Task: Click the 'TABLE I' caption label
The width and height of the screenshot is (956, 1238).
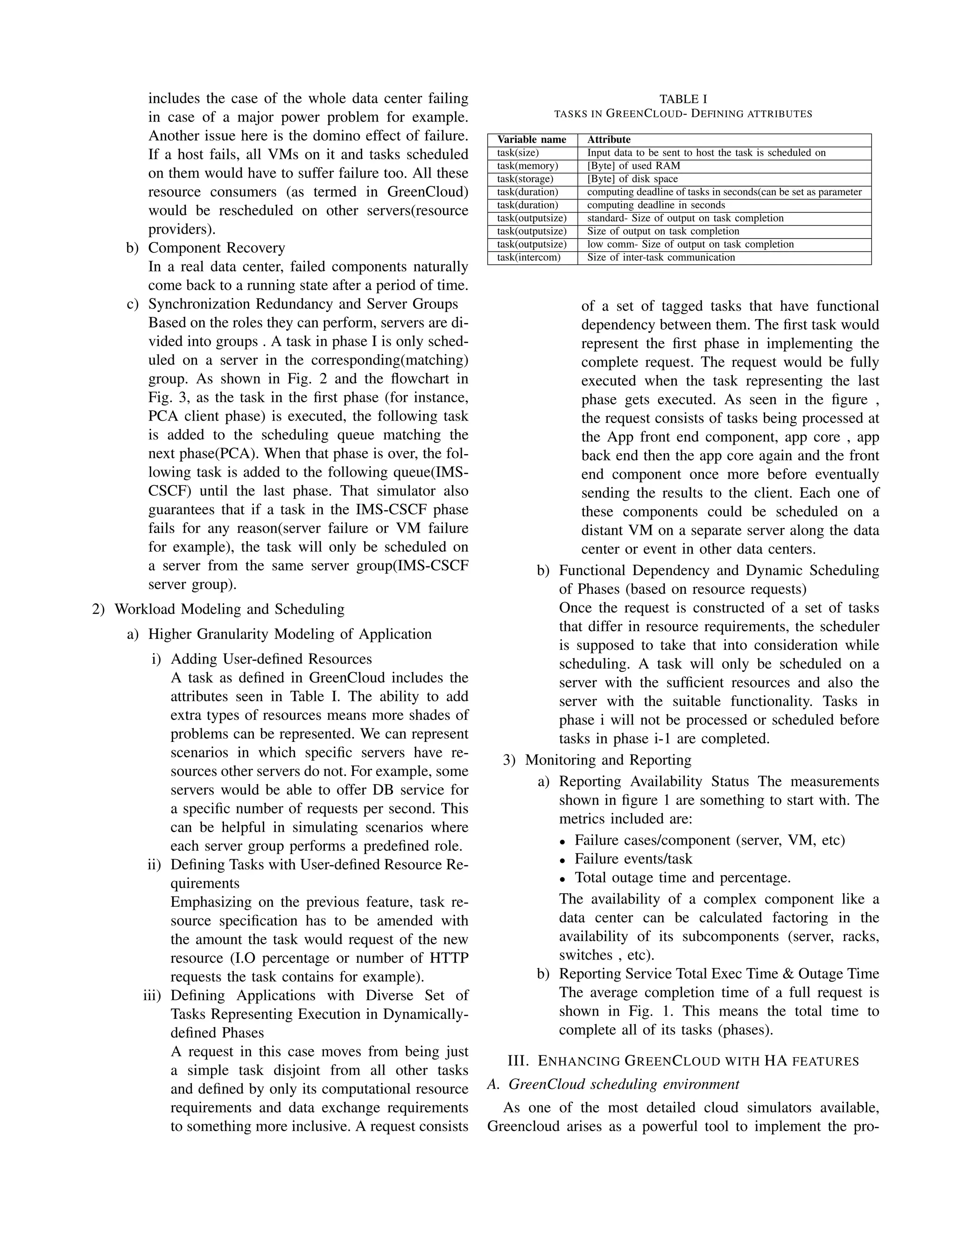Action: tap(682, 99)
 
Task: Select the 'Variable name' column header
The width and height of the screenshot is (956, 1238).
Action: tap(531, 139)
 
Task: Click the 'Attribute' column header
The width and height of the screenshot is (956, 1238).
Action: tap(608, 139)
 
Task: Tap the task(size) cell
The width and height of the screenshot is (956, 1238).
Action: tap(518, 152)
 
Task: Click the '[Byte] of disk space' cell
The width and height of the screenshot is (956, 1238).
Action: tap(632, 178)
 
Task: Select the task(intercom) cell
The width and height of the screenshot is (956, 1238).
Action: tap(528, 257)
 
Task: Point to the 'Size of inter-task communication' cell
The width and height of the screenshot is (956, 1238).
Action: tap(661, 257)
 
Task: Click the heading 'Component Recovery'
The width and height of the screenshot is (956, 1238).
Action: tap(216, 248)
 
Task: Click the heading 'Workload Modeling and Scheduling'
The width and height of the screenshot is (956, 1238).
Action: tap(229, 609)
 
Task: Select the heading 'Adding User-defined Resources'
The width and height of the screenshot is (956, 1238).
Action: tap(271, 659)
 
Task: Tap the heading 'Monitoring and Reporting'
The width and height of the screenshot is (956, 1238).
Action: tap(608, 760)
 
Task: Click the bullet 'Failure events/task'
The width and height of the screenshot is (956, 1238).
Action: tap(633, 858)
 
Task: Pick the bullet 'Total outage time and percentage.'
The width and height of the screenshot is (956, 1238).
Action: tap(682, 877)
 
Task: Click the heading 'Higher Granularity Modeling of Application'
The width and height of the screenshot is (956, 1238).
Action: tap(289, 634)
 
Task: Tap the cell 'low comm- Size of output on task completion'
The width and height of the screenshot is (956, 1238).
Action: tap(690, 244)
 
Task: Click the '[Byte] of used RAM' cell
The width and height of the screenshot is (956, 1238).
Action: tap(633, 165)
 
